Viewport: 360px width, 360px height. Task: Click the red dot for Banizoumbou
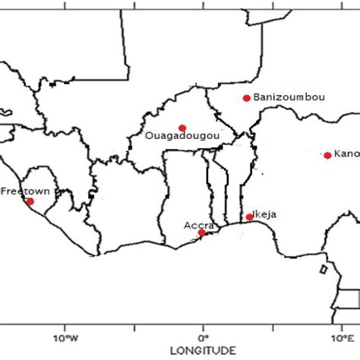(x=246, y=98)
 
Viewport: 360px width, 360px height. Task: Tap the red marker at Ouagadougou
(x=182, y=128)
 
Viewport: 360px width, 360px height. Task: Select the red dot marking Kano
(x=327, y=155)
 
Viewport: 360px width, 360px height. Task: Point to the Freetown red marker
(x=30, y=201)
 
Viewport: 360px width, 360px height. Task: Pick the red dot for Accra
(x=201, y=233)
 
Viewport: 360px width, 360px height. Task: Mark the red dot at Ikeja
(x=249, y=217)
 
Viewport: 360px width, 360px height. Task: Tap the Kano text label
(x=346, y=154)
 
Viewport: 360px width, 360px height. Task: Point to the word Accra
(x=199, y=225)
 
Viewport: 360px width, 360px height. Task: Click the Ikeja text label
(x=264, y=214)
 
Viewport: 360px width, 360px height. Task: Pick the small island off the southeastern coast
(x=324, y=270)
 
